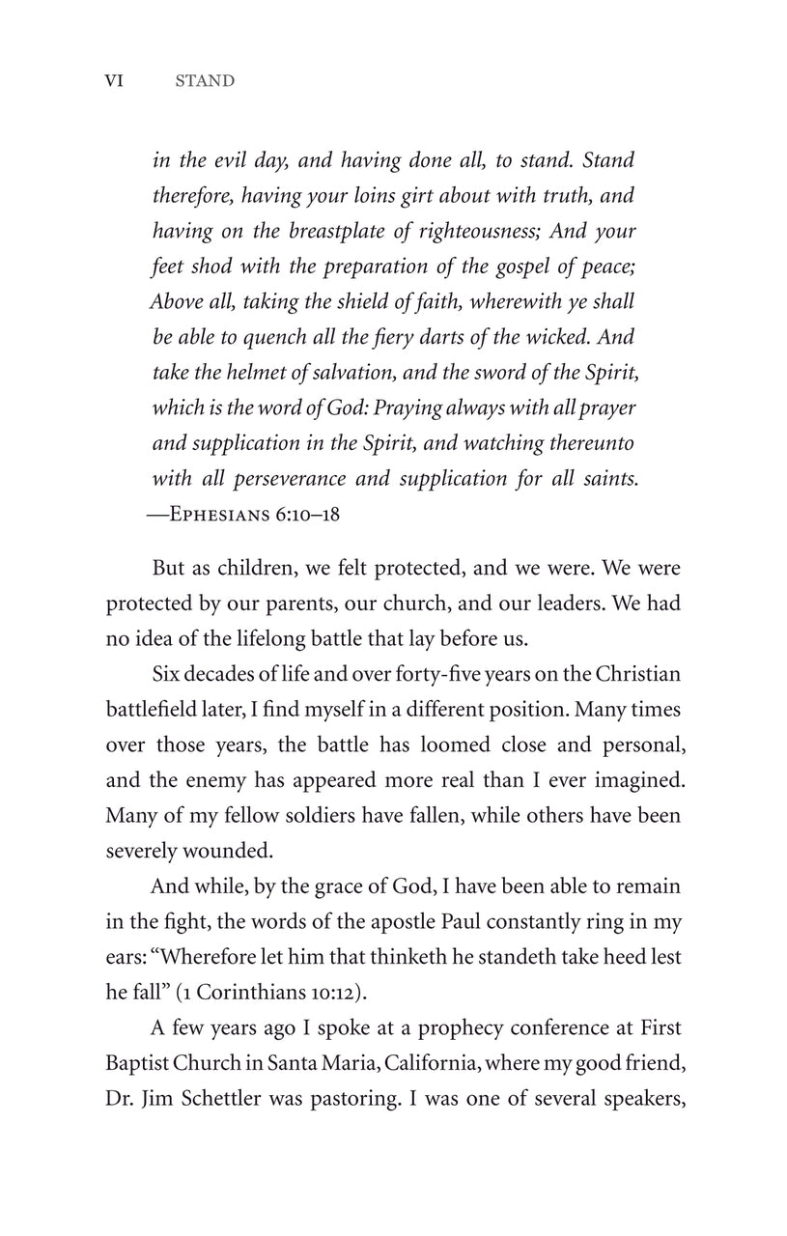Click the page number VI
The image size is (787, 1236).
pos(114,81)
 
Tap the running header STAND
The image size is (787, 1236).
pos(205,81)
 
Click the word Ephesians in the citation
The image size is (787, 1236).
pos(218,514)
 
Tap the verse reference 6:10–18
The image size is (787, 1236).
pos(306,514)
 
